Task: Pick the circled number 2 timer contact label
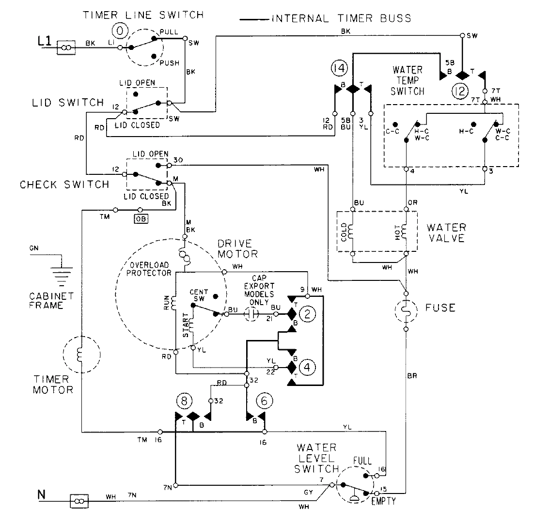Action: [x=308, y=315]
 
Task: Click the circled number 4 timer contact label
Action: [x=308, y=367]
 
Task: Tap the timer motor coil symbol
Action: [x=81, y=355]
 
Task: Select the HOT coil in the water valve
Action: [x=406, y=231]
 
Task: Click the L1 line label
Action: [x=44, y=43]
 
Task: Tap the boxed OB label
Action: [x=141, y=218]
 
